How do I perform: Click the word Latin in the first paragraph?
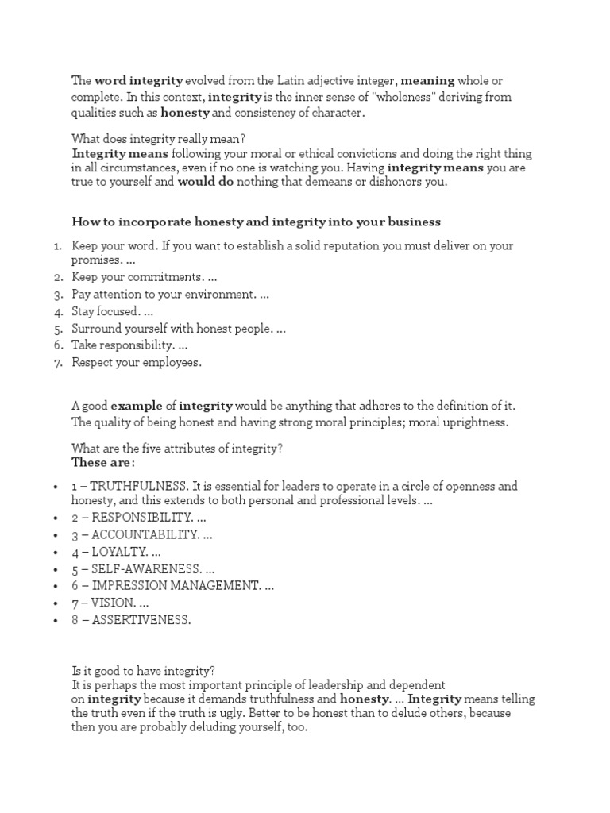(291, 81)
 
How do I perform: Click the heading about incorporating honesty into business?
(256, 222)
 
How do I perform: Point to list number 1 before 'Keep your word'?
(58, 246)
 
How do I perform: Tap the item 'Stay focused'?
(106, 311)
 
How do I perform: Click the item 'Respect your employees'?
(137, 362)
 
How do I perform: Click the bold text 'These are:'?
(103, 462)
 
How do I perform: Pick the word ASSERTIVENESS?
(141, 620)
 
